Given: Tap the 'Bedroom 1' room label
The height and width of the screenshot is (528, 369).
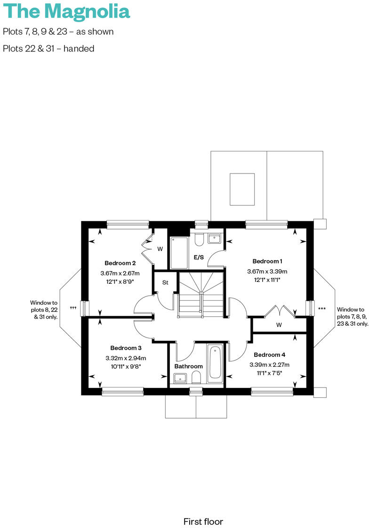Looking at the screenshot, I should point(267,261).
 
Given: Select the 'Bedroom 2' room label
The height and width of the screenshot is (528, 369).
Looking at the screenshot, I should point(120,263).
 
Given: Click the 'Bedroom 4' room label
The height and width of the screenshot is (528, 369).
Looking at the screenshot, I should point(269,355).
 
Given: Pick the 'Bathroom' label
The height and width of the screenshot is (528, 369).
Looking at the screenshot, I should point(188,366).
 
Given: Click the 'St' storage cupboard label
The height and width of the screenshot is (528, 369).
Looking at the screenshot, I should point(165,283).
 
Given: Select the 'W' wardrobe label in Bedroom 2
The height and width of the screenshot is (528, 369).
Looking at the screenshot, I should point(160,248).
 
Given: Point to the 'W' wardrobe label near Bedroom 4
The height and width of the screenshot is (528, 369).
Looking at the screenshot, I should point(279,325).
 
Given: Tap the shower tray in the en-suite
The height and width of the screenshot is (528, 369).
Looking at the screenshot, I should point(179,252).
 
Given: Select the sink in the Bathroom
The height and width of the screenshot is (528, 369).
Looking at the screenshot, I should point(180,378).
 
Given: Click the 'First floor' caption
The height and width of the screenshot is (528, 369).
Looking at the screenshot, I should point(203,521).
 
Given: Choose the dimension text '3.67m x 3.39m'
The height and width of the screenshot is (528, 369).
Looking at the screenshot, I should point(267,272).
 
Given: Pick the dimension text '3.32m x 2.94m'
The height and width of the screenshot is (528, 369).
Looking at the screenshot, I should point(126,358).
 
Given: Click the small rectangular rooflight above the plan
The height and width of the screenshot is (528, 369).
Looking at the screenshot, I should point(242,189).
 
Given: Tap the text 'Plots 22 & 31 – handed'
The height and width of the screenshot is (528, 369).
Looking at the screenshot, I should point(48,49).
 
